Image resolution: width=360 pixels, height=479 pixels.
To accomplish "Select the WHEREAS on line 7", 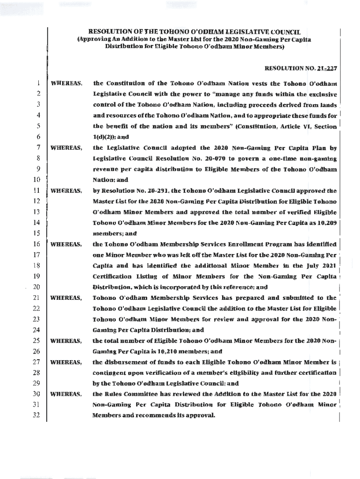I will [66, 148].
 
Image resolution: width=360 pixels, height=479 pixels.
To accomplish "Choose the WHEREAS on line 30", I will [66, 394].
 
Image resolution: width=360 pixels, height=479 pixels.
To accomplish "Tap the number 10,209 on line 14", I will [325, 223].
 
